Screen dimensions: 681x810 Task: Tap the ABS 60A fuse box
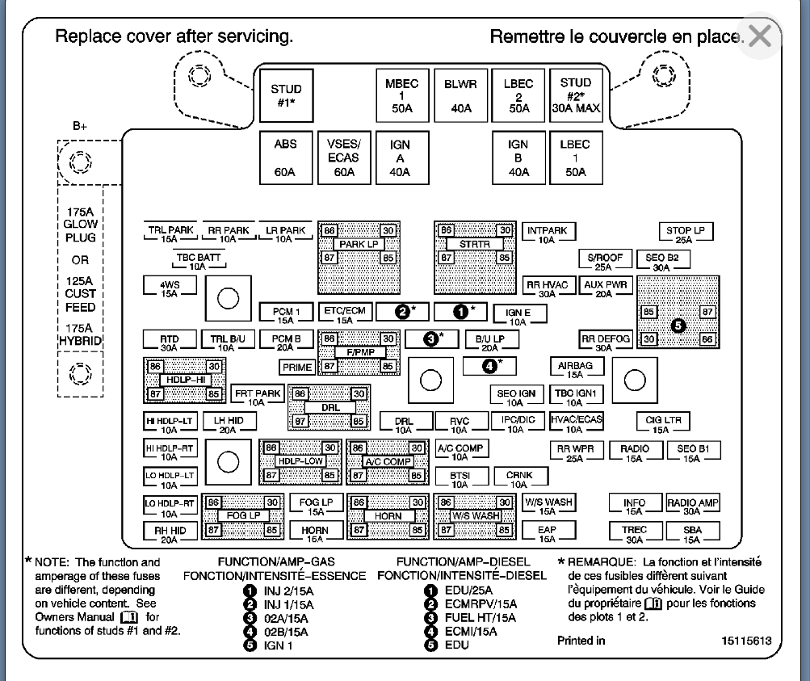[285, 158]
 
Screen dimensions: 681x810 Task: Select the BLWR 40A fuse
[460, 95]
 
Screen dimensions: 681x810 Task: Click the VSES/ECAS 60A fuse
[343, 158]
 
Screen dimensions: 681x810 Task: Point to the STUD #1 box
[285, 95]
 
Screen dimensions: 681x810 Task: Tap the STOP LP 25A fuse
[685, 234]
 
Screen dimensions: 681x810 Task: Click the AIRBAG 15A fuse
[575, 369]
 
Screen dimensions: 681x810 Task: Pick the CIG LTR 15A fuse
[663, 423]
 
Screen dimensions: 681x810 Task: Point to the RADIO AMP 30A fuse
[692, 507]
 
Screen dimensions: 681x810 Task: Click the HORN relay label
[388, 515]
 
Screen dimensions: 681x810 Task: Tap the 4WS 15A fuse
[169, 288]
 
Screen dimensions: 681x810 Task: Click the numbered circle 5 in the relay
[678, 326]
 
